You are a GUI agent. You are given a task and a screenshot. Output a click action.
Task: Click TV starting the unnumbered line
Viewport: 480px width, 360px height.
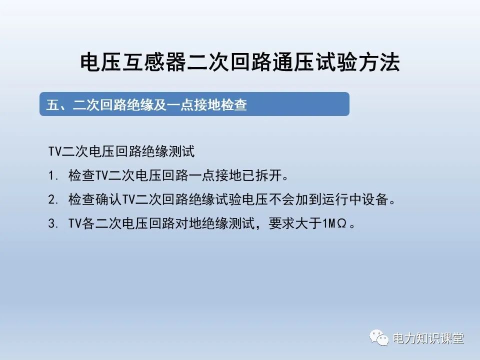point(54,151)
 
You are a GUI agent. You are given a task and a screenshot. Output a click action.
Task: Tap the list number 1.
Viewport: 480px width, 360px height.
point(52,176)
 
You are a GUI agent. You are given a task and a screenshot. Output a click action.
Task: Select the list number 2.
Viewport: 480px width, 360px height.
point(52,200)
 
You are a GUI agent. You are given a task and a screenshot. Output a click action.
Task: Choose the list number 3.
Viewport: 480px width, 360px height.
point(52,224)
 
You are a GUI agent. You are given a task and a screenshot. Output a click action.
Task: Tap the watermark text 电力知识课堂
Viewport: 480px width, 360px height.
point(428,338)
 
